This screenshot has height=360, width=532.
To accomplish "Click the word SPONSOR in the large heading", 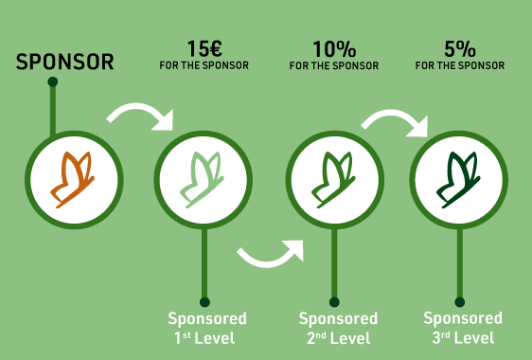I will click(x=65, y=63).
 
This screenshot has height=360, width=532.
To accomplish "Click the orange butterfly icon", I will click(x=74, y=177).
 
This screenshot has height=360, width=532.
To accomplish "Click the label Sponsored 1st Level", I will click(x=206, y=328).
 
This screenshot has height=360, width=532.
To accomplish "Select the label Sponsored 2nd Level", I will click(x=338, y=328).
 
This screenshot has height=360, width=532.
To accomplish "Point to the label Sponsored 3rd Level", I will click(x=462, y=328).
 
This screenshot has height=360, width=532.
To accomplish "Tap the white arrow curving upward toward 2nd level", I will click(x=272, y=252).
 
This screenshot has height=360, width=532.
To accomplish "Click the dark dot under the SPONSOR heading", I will click(x=53, y=82).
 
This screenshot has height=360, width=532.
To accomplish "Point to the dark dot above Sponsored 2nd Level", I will click(x=332, y=302).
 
